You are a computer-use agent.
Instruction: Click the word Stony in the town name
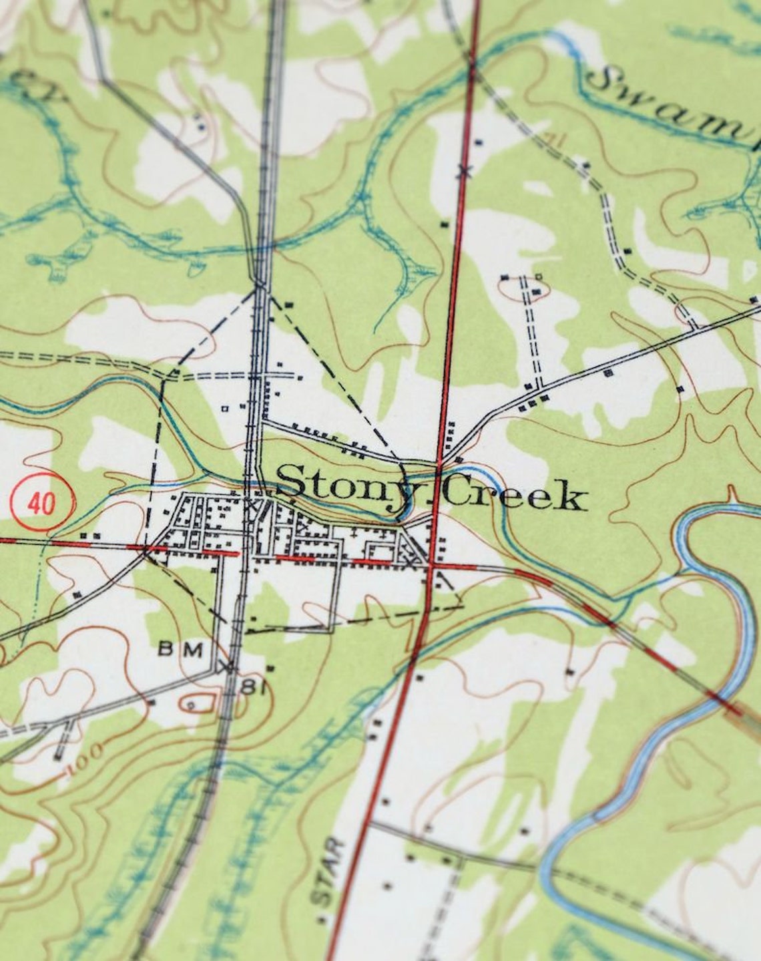(336, 482)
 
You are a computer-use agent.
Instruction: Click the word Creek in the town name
(513, 495)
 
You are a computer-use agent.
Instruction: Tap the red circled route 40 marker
(41, 502)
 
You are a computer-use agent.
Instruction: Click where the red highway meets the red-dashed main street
(433, 566)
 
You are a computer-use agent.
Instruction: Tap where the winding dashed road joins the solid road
(694, 327)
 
